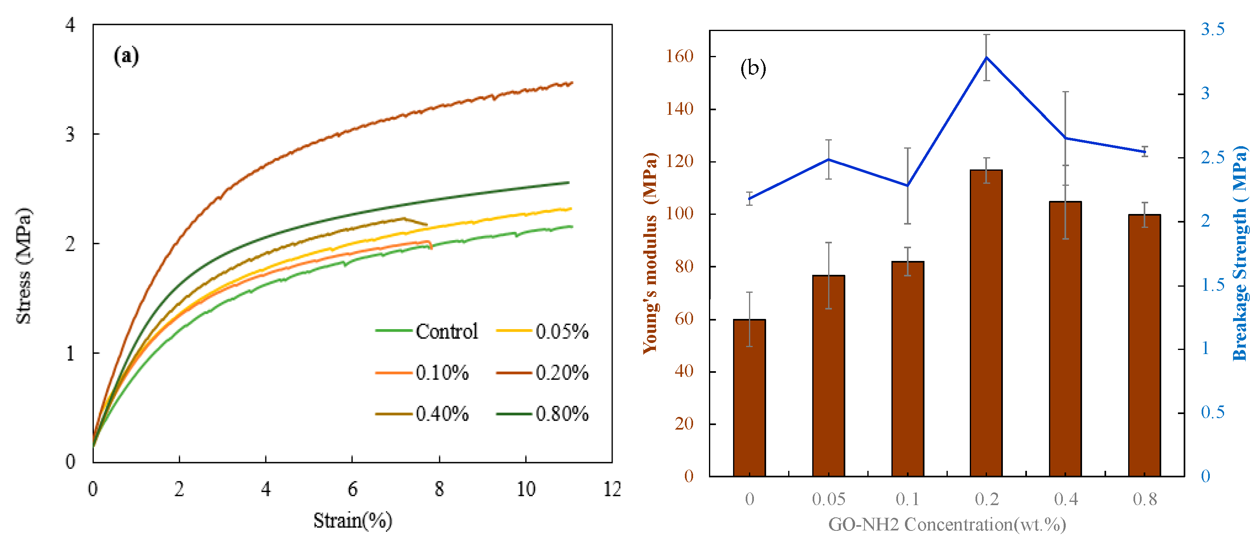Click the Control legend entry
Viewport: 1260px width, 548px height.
point(426,331)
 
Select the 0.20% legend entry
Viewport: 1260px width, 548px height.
point(542,373)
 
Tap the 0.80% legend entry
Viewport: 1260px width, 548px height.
point(542,414)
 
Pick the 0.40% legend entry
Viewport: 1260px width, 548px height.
point(422,414)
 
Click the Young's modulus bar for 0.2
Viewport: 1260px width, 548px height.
point(986,323)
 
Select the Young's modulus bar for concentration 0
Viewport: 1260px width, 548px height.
point(749,398)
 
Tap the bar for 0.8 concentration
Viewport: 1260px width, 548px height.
point(1144,345)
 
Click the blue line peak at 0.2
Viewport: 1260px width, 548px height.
point(987,57)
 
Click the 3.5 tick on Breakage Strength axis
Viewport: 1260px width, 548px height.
point(1213,29)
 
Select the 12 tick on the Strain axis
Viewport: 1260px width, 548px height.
point(612,489)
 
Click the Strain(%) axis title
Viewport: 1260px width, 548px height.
point(353,521)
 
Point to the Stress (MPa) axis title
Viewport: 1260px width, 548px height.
point(24,266)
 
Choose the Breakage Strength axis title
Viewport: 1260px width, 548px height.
point(1240,253)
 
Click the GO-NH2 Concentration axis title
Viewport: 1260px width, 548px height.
point(947,524)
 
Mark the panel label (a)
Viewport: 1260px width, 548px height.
point(126,56)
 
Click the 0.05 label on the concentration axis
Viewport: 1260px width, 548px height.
point(829,499)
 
